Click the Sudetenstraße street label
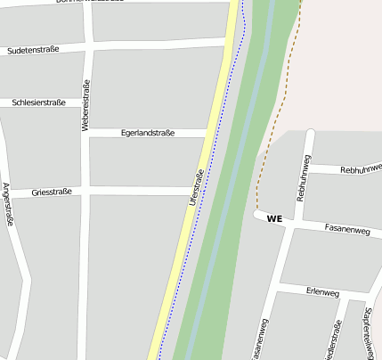(33, 50)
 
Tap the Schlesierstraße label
(39, 102)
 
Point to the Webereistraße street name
(86, 107)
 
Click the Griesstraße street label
(51, 192)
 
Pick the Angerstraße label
(8, 205)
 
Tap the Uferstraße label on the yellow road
(197, 188)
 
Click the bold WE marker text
(273, 218)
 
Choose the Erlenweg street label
(322, 293)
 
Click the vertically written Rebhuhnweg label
(303, 177)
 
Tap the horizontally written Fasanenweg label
(347, 230)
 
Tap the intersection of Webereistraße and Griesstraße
(85, 192)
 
